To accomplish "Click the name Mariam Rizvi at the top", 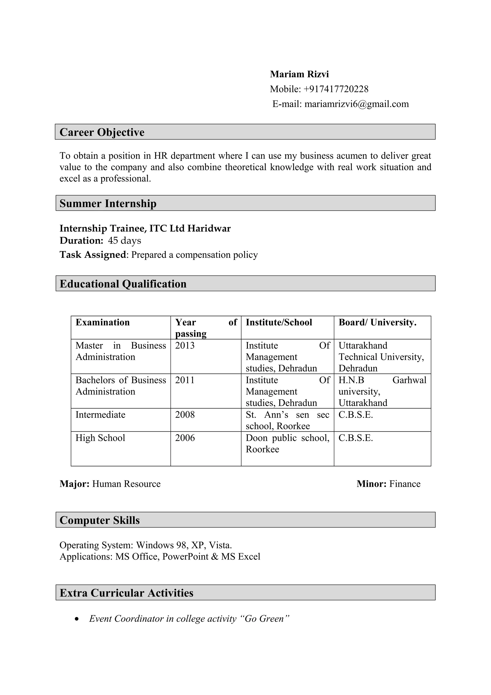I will point(299,74).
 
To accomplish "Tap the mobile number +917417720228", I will point(336,89).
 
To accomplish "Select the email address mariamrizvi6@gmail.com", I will point(356,104).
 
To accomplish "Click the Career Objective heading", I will point(102,132).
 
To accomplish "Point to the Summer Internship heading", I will point(108,203).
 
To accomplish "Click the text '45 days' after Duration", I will point(124,240).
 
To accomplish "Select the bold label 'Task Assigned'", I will point(93,255).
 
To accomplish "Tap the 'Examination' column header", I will point(102,322).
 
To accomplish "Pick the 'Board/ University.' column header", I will point(377,322).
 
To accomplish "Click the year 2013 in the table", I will point(185,345).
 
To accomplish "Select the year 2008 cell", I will point(185,414).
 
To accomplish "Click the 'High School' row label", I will point(100,438).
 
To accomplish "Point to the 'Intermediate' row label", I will point(100,414).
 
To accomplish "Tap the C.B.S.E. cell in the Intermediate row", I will point(356,414).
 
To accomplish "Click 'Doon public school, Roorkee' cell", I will point(287,443).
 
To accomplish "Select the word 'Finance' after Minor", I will point(404,484).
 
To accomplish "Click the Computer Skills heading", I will point(99,520).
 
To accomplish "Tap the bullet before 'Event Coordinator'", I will point(77,619).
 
